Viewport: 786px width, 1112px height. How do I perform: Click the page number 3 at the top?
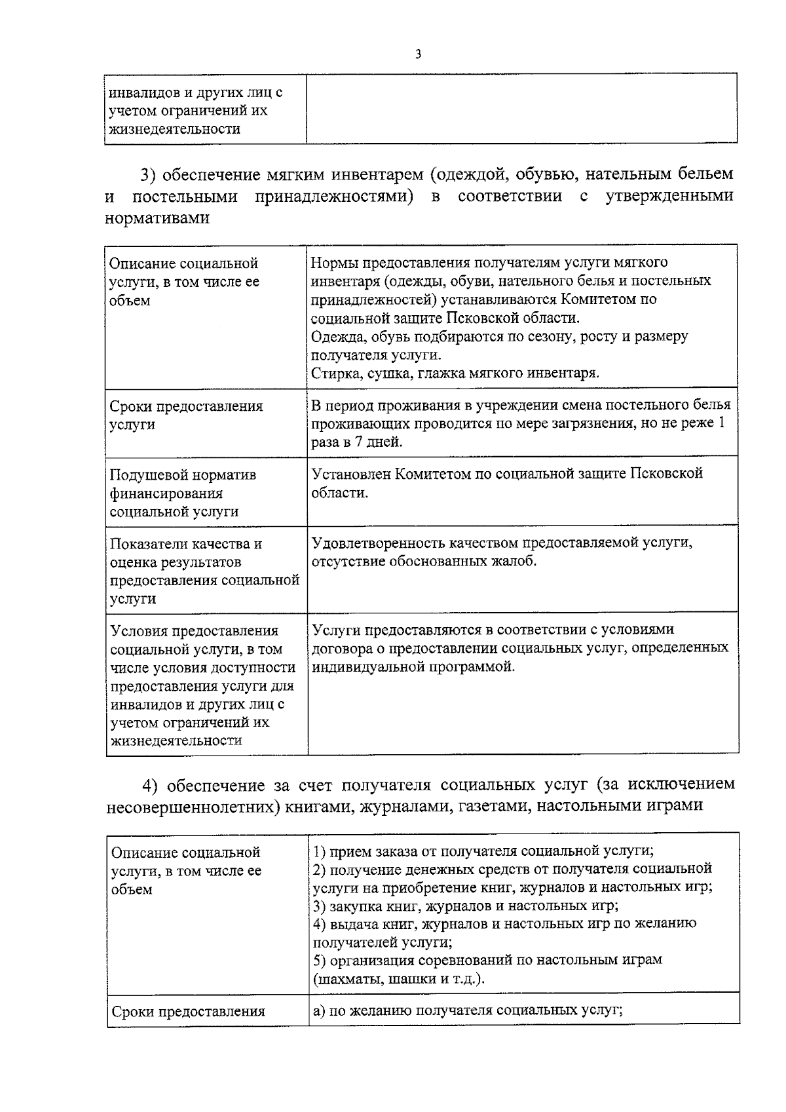point(417,54)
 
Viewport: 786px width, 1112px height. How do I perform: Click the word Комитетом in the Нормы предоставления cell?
point(599,299)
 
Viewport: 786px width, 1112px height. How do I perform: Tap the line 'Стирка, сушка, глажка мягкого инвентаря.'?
point(455,374)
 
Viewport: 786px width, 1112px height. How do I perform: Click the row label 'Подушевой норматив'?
point(183,474)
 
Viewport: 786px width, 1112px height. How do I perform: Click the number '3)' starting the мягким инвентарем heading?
point(148,175)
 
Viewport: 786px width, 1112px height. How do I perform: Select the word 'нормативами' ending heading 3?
point(157,218)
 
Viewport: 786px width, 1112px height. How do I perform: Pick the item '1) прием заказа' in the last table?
point(360,851)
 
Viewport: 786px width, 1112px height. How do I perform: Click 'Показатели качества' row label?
point(185,544)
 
